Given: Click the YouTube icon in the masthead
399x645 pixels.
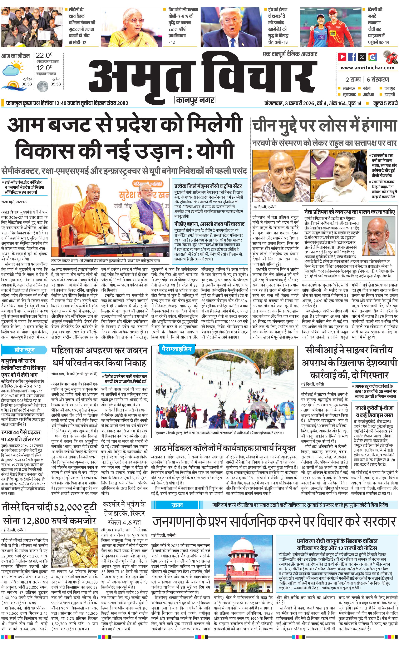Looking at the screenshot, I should tap(342, 56).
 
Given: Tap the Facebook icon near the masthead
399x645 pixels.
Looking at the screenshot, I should tap(352, 56).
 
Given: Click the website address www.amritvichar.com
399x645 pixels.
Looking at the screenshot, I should tap(367, 68).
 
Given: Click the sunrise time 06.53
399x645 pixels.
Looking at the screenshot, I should tap(27, 84).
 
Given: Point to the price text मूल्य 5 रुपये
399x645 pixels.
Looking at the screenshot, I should tap(385, 103).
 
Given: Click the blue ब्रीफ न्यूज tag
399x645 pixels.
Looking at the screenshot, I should tap(24, 350).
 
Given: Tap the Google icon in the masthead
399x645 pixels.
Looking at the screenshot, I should tap(372, 57).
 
